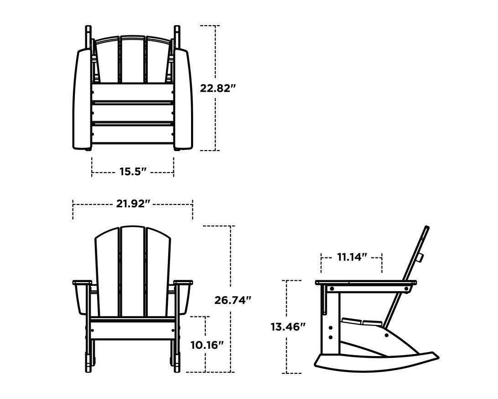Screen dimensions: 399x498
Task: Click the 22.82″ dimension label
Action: tap(218, 88)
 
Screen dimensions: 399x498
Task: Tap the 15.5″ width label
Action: tap(133, 172)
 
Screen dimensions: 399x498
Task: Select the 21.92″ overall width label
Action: tap(133, 204)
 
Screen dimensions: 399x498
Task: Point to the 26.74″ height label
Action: tap(233, 300)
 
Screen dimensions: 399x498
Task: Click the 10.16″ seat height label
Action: tap(207, 345)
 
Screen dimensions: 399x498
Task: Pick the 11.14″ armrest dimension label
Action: tap(352, 257)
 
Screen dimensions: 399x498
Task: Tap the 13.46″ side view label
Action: tap(287, 327)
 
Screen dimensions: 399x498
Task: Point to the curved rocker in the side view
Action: tap(374, 361)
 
